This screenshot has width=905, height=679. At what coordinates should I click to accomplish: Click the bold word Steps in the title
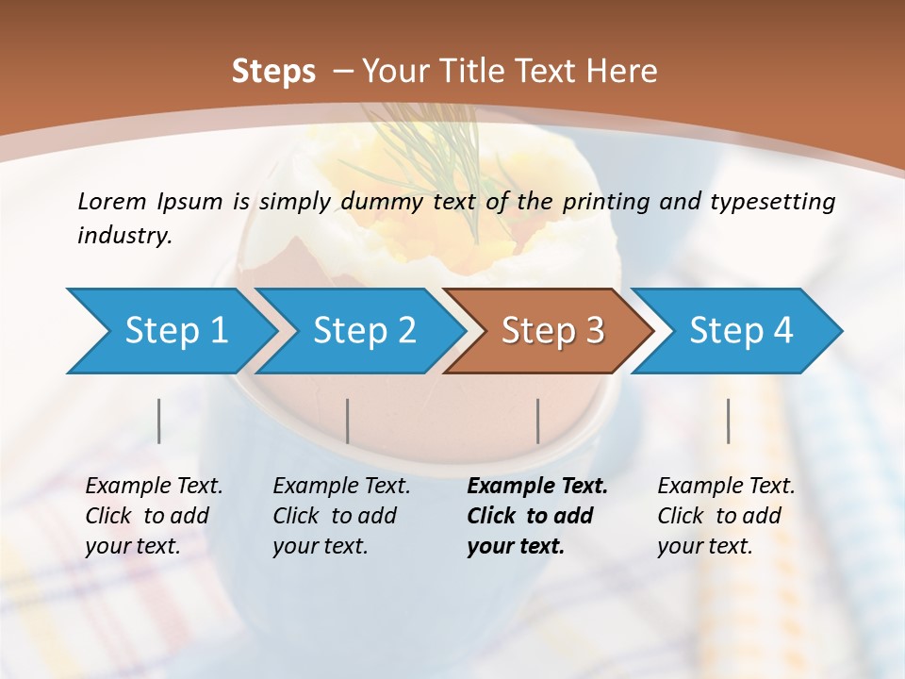273,72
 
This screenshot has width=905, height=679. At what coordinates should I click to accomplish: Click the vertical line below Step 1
159,421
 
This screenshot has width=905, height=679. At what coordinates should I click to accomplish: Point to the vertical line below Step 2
348,421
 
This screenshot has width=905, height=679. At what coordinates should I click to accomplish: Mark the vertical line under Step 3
537,421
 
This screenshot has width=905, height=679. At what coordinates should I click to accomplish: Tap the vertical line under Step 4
728,421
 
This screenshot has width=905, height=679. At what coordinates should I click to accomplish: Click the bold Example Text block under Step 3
537,516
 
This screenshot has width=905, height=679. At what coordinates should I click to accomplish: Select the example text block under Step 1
154,516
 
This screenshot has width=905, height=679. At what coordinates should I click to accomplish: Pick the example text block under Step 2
341,516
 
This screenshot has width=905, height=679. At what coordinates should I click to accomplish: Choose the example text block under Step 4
726,516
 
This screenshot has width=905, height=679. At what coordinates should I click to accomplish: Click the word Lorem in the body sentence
111,201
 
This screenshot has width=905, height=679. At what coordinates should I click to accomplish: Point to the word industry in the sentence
123,235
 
